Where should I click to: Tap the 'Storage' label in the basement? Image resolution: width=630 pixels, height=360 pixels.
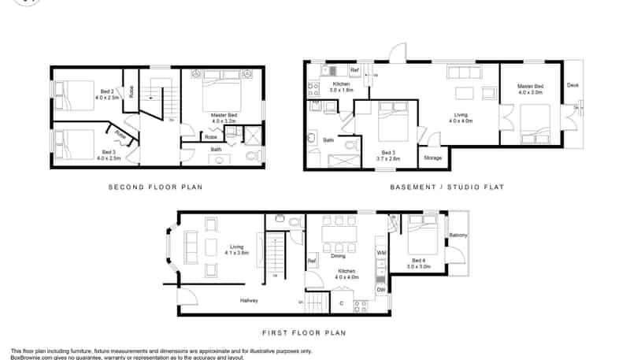[432, 158]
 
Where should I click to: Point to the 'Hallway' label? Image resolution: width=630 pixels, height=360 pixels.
[249, 300]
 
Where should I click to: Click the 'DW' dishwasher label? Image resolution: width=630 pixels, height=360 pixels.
[381, 289]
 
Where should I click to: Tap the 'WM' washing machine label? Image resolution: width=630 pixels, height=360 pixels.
[381, 252]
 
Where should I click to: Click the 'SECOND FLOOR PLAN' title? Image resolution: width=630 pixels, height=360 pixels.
[155, 187]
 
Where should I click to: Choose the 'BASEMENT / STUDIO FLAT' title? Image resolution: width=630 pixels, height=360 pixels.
[447, 187]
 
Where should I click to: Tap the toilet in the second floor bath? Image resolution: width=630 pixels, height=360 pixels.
[252, 157]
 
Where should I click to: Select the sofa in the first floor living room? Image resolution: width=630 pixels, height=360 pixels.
[190, 248]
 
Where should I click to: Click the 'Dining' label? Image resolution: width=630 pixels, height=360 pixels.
[339, 256]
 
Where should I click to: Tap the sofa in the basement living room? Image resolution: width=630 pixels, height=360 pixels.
[463, 73]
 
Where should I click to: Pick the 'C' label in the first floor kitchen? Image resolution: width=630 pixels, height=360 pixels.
[341, 302]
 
